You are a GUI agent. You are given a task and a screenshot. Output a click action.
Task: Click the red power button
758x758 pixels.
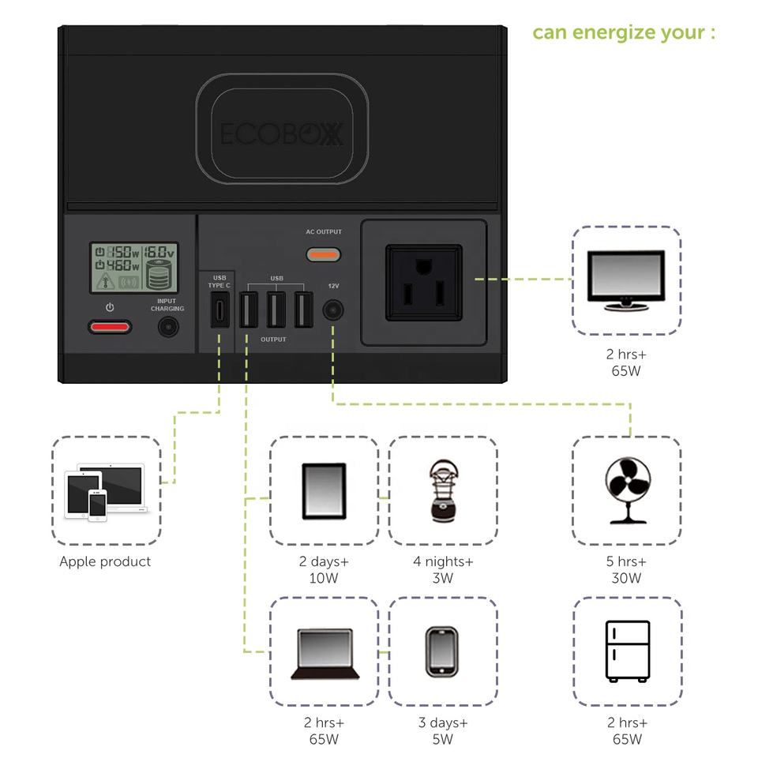[110, 327]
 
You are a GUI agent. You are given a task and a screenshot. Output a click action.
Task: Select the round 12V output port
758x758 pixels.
[332, 310]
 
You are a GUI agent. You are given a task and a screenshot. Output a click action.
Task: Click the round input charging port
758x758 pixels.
[167, 327]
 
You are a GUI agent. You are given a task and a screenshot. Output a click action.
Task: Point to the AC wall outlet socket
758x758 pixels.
[423, 283]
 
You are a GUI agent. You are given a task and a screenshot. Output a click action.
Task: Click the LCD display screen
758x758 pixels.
[133, 268]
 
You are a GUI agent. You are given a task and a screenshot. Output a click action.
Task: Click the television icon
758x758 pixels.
[627, 279]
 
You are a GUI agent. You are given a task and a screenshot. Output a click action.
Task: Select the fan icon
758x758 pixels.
[627, 490]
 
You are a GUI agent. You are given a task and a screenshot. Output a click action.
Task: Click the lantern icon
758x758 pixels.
[442, 490]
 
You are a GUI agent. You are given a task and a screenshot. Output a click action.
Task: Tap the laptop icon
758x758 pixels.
[324, 652]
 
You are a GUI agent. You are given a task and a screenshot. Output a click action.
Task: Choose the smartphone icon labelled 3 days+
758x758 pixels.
[442, 651]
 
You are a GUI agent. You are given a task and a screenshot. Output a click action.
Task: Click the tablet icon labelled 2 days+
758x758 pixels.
[324, 490]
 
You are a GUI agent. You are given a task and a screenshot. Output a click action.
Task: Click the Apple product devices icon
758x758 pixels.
[106, 492]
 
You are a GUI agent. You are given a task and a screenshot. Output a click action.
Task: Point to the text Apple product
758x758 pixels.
[105, 562]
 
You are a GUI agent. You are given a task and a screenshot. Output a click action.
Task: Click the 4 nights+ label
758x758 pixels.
[443, 562]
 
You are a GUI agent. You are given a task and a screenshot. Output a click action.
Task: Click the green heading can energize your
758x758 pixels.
[623, 33]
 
